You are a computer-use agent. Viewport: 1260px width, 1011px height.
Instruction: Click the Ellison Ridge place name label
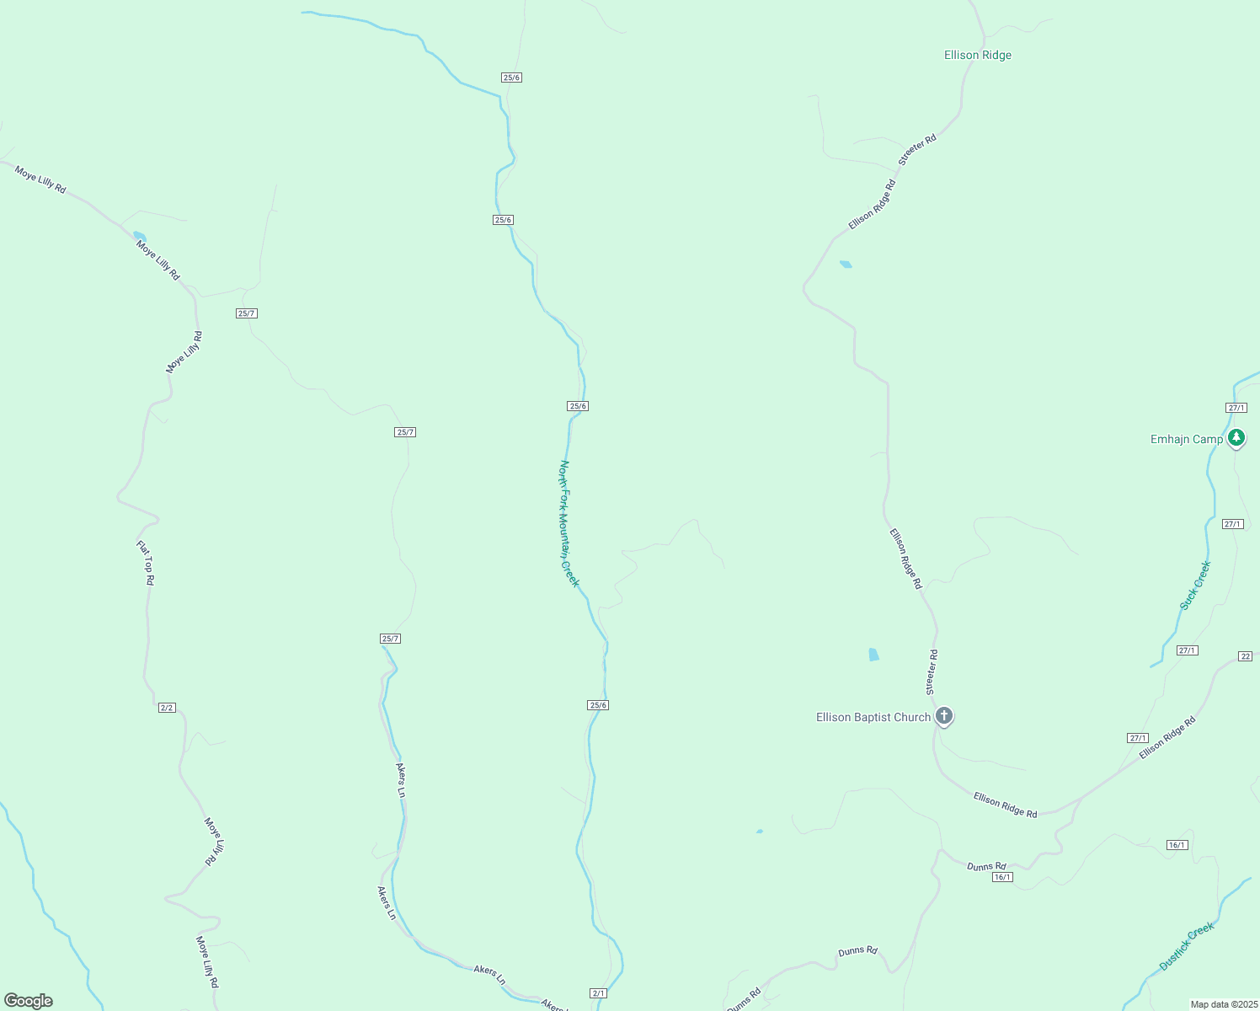click(977, 56)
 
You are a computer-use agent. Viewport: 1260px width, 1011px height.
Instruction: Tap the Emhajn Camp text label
click(1186, 439)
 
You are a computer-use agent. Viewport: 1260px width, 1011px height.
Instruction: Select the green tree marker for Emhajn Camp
click(1236, 437)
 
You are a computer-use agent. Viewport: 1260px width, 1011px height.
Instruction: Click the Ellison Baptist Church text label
click(873, 718)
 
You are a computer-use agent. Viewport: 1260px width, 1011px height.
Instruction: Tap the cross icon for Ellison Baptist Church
click(944, 717)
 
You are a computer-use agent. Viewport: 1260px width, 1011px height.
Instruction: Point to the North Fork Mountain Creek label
click(569, 523)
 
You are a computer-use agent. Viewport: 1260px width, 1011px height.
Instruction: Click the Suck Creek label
click(1194, 586)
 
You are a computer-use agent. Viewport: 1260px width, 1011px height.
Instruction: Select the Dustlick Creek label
click(1186, 946)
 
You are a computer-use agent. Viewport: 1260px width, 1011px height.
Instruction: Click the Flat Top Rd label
click(146, 563)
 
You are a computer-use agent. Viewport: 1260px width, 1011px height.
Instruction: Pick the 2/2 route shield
click(167, 708)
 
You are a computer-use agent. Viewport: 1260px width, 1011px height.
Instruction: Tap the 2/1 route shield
click(599, 993)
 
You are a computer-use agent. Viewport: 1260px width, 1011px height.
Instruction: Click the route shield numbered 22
click(1246, 656)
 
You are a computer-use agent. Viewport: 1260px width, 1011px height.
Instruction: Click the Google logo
click(29, 1001)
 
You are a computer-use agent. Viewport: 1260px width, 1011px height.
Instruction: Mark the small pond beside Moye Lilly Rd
click(139, 236)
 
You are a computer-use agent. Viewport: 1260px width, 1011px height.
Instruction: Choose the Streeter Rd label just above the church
click(932, 671)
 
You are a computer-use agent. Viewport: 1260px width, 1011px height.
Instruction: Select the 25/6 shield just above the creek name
click(578, 406)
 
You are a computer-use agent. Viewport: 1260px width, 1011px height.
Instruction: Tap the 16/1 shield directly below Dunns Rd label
click(1001, 877)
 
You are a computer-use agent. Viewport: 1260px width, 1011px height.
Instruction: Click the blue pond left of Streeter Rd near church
click(873, 655)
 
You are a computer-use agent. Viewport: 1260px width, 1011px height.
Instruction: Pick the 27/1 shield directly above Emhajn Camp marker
click(1236, 408)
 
